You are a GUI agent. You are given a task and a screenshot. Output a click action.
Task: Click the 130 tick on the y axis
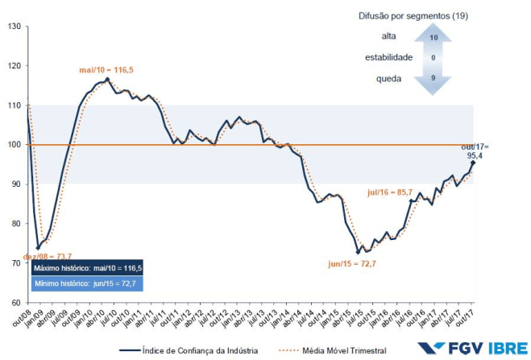point(15,27)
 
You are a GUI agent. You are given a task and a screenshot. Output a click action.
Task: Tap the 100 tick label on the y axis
point(15,145)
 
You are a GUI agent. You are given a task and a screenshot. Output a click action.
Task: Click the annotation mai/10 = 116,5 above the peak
point(106,71)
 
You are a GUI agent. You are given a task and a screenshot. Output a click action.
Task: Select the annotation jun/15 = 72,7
point(353,263)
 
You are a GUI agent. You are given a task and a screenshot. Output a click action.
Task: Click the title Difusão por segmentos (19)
point(434,16)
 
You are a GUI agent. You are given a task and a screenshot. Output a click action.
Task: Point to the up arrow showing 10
point(434,38)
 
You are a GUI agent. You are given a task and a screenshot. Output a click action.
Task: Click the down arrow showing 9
point(434,78)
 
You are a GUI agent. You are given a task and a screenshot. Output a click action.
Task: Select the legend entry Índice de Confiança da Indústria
point(198,350)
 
